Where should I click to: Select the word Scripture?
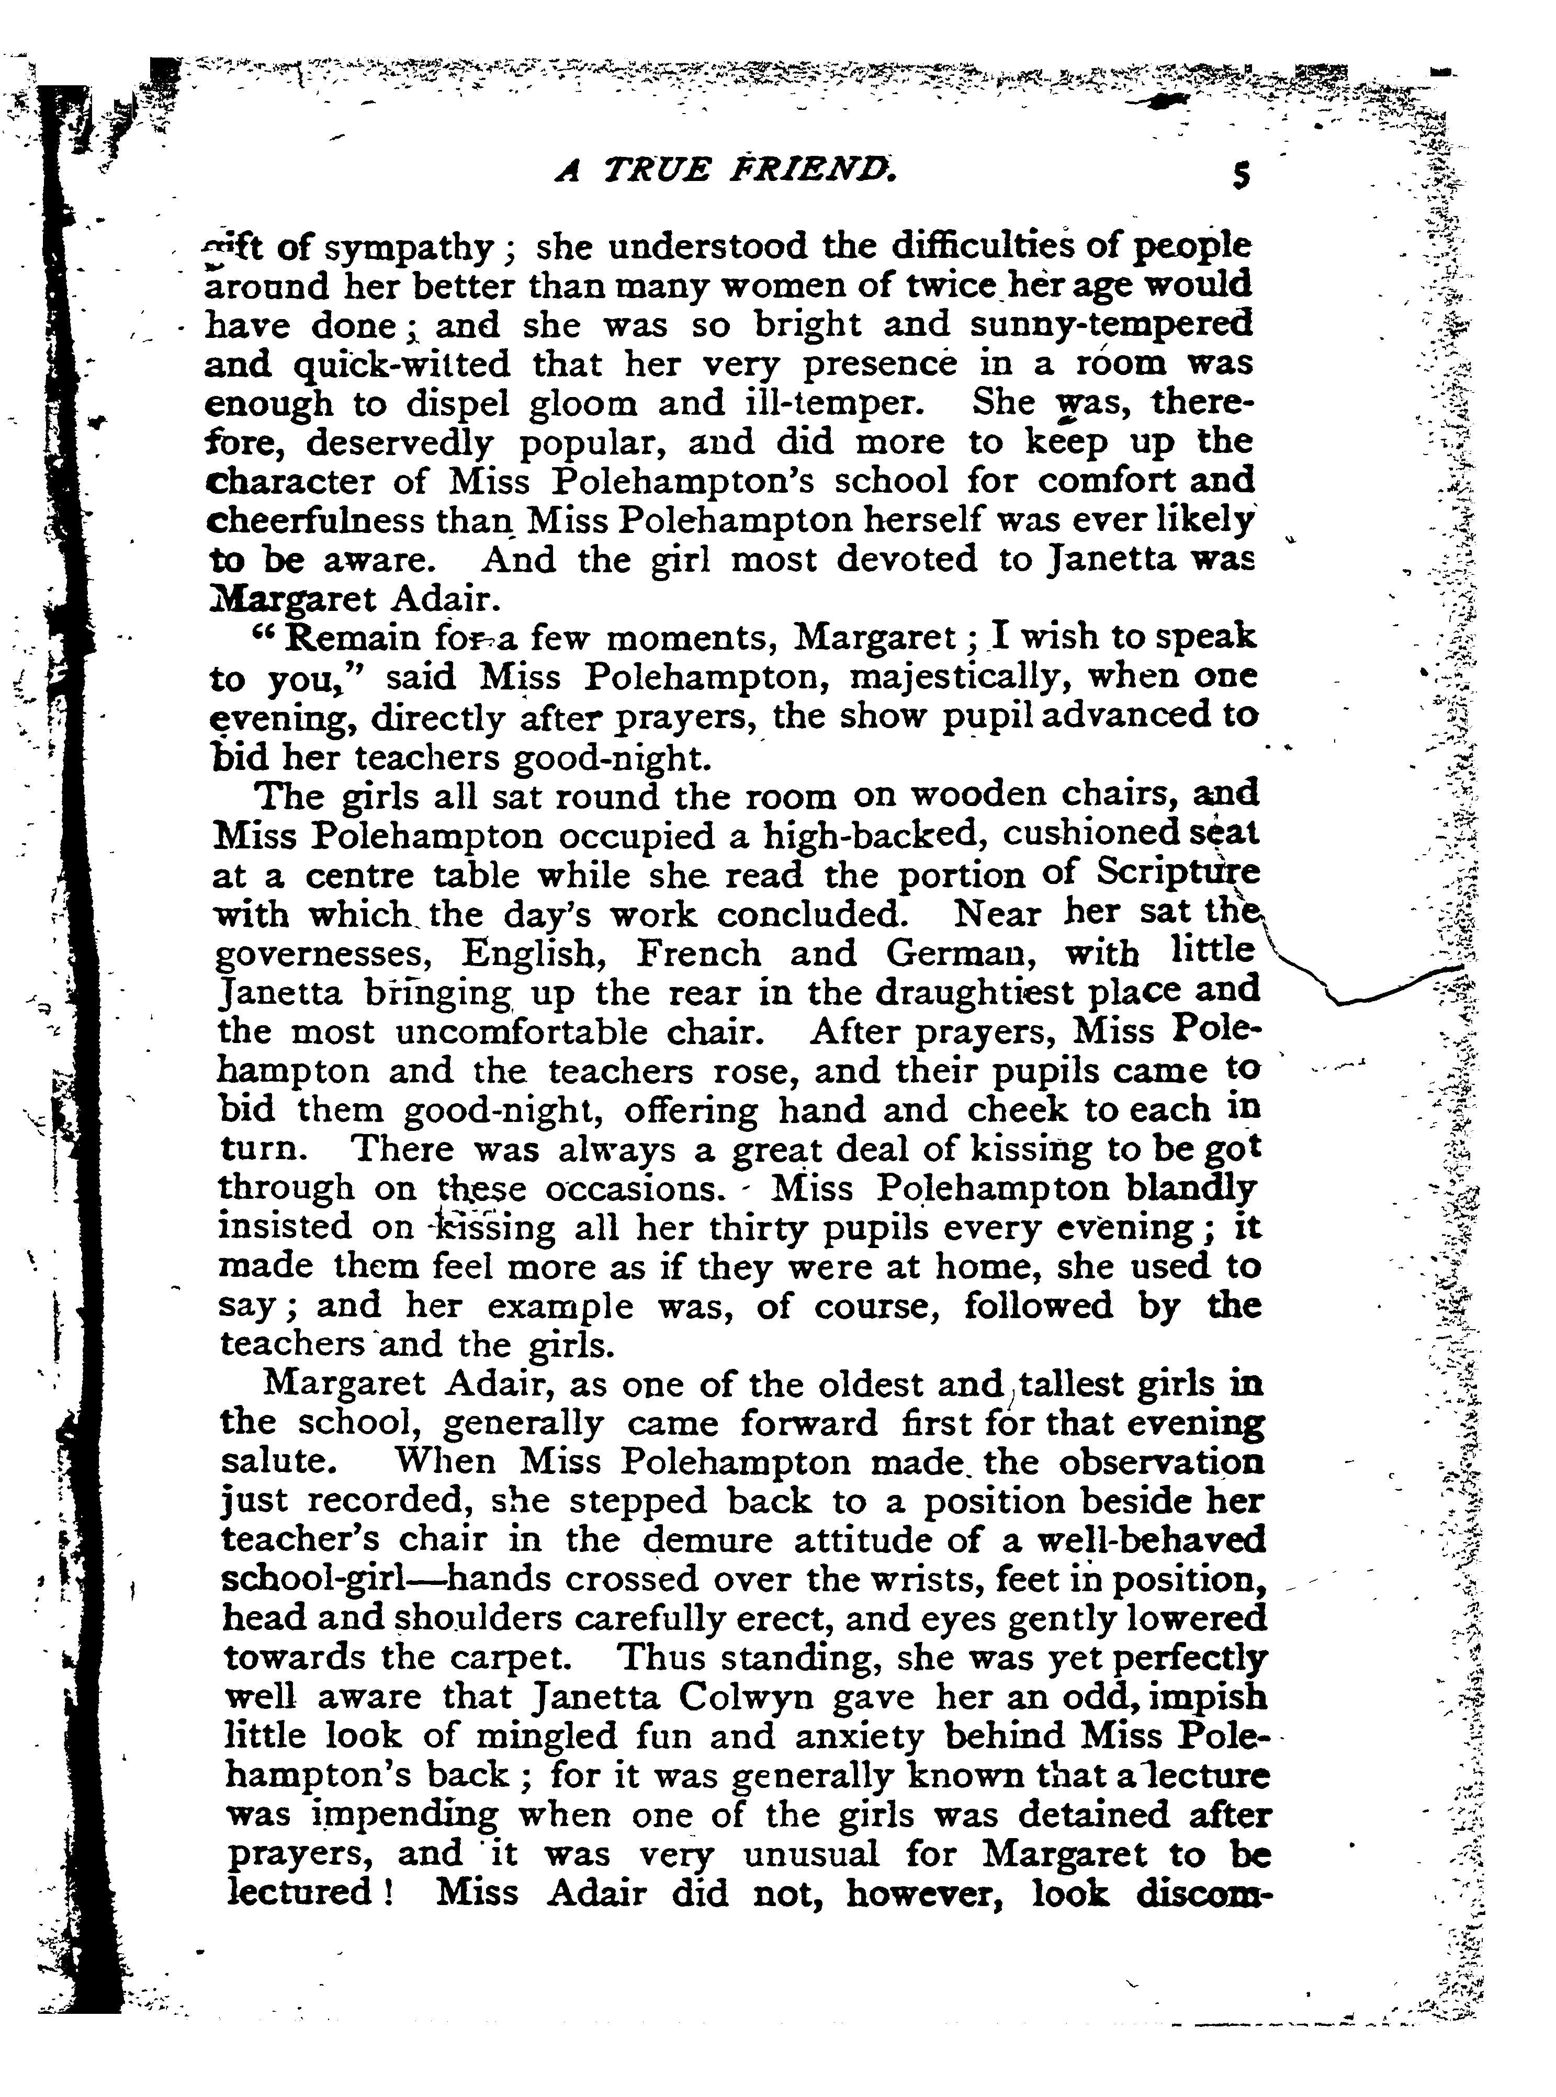point(1177,875)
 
